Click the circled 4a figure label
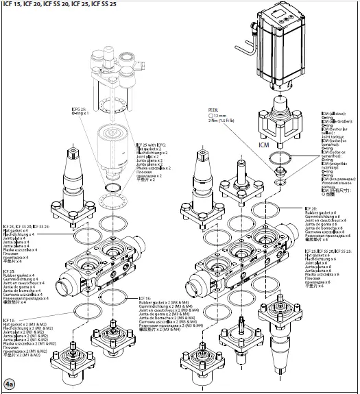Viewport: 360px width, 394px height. [9, 384]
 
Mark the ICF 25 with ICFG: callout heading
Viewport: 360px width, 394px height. [155, 145]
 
